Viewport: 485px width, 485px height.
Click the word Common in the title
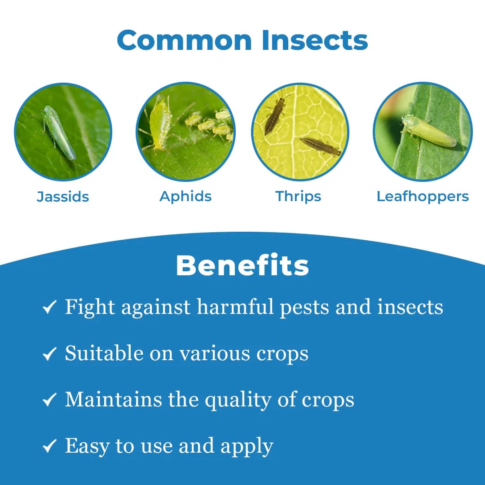point(185,40)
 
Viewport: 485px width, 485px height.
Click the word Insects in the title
point(314,40)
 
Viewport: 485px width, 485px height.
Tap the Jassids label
point(63,197)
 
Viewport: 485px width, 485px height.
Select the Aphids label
point(185,196)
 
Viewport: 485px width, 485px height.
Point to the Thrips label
point(298,196)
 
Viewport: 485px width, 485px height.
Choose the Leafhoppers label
point(423,196)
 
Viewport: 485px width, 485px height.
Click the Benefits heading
point(242,265)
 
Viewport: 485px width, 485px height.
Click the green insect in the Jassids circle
point(59,132)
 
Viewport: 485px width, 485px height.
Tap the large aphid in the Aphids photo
point(160,123)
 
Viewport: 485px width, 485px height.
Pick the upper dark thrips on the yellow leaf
point(274,115)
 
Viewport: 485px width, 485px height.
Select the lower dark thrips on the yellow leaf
point(320,146)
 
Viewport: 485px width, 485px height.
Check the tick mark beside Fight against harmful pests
point(49,308)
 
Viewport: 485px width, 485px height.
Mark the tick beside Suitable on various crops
point(49,354)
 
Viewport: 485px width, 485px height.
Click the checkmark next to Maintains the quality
point(49,400)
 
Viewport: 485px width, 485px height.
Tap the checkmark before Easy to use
point(49,446)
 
